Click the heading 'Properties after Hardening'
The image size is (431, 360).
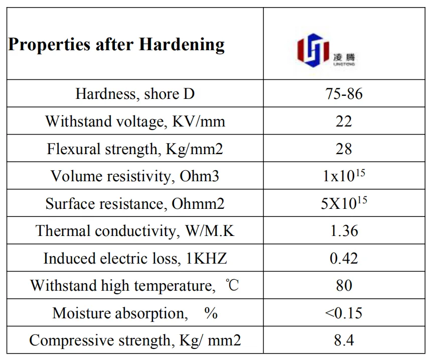tap(116, 45)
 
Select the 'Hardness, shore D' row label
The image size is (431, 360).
tap(135, 94)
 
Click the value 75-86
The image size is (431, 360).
tap(344, 94)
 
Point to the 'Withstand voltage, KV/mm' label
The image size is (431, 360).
tap(135, 122)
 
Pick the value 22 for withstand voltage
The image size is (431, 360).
tap(344, 122)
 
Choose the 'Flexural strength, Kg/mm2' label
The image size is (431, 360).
tap(135, 149)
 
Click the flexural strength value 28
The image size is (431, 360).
tap(344, 149)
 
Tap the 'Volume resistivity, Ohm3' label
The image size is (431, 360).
tap(135, 176)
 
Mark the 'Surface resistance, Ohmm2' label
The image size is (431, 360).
tap(135, 204)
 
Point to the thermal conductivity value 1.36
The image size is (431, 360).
tap(344, 231)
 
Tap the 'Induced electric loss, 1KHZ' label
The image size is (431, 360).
tap(135, 259)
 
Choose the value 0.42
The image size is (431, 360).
tap(344, 259)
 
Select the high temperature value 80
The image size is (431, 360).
tap(344, 286)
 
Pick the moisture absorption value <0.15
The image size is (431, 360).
tap(344, 313)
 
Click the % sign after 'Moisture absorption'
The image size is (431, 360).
tap(211, 313)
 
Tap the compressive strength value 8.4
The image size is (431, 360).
tap(344, 341)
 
